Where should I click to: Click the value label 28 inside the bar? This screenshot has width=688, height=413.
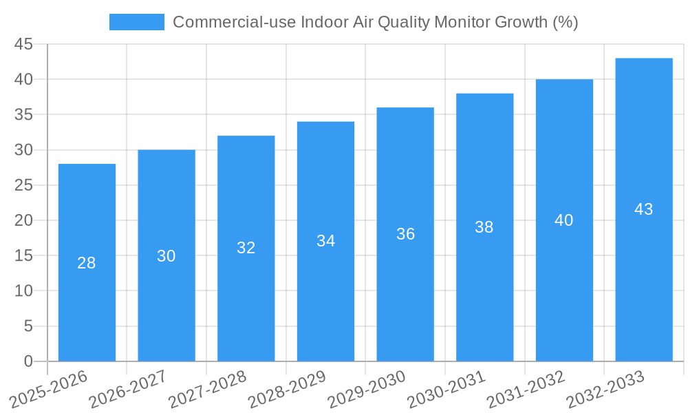click(x=87, y=263)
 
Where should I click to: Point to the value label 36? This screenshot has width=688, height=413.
click(x=405, y=234)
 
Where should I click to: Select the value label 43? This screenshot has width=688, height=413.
click(x=644, y=209)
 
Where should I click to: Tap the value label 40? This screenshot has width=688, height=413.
click(x=564, y=220)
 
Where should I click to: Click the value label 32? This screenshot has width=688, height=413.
click(x=246, y=248)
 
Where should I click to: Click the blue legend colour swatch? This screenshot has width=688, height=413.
click(x=137, y=22)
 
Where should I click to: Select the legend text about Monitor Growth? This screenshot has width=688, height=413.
click(x=375, y=22)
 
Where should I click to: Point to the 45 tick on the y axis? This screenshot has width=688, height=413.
click(x=23, y=44)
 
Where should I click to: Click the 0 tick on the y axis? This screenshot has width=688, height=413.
click(x=28, y=361)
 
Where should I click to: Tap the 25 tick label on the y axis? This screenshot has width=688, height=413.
click(x=23, y=185)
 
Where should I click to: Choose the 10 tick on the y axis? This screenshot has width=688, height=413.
click(x=23, y=291)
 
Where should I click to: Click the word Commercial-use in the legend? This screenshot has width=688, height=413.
click(x=222, y=22)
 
